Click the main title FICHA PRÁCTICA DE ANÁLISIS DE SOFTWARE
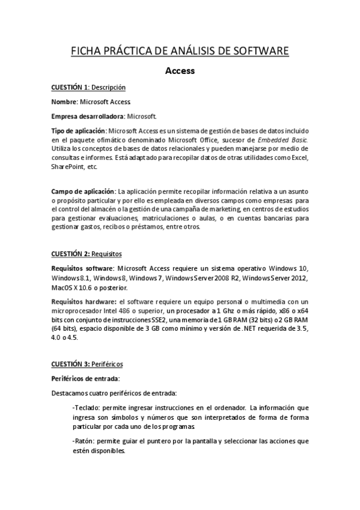pyautogui.click(x=180, y=50)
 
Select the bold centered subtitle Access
pyautogui.click(x=180, y=71)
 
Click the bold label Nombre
pyautogui.click(x=64, y=102)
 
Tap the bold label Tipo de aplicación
pyautogui.click(x=78, y=131)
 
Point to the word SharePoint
pyautogui.click(x=67, y=165)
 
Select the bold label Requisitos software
pyautogui.click(x=83, y=268)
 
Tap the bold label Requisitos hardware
pyautogui.click(x=84, y=302)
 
